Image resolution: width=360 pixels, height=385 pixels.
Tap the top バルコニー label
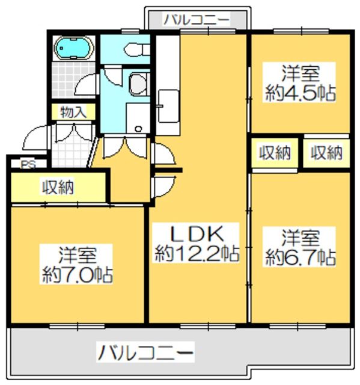coord(197,19)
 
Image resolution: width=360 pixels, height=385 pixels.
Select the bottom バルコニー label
coord(146,351)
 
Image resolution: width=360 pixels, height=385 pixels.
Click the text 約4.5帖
coord(300,93)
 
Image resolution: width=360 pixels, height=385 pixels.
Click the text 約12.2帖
coord(197,253)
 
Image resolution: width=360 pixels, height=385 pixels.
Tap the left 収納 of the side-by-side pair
coord(275,153)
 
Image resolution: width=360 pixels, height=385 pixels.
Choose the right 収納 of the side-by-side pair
coord(327,153)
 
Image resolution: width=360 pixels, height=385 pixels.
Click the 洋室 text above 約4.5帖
coord(300,74)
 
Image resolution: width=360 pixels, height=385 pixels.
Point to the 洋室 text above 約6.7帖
coord(300,236)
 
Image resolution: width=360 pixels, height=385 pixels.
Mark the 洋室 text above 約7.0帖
coord(78,253)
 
